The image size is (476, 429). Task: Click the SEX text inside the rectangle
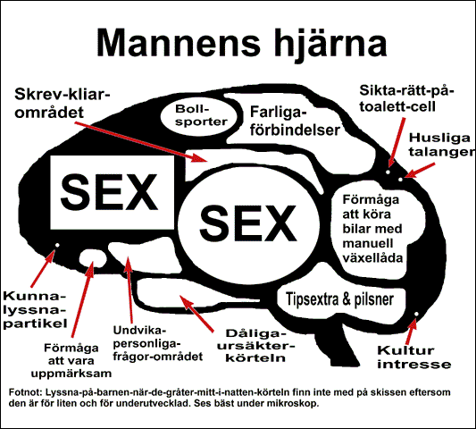[x=110, y=192]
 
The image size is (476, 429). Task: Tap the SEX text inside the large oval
[x=248, y=223]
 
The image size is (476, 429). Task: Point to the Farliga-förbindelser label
[x=295, y=122]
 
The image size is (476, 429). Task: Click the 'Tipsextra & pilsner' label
[x=340, y=299]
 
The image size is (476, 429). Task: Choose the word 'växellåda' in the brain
[x=372, y=258]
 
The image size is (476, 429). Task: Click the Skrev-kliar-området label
[x=63, y=104]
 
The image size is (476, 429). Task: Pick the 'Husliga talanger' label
[x=442, y=145]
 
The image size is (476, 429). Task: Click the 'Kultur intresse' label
[x=414, y=357]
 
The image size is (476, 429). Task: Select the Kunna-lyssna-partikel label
[x=35, y=310]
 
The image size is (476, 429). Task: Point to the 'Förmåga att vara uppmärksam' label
[x=71, y=361]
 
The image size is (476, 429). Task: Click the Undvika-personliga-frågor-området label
[x=158, y=343]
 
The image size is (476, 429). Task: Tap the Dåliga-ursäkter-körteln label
[x=256, y=346]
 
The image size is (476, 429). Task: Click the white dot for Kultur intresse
[x=416, y=314]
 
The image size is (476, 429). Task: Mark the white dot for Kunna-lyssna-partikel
[x=57, y=245]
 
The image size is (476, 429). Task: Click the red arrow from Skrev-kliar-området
[x=141, y=141]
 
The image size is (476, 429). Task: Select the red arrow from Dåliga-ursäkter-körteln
[x=196, y=313]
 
